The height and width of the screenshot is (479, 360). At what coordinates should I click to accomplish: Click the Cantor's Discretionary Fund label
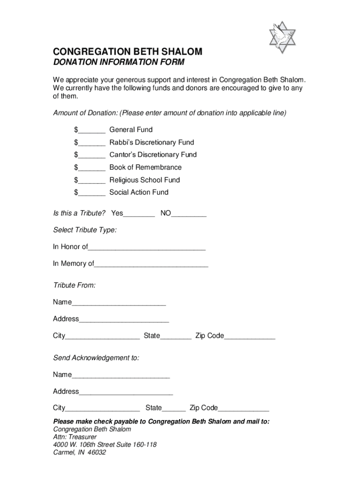click(x=153, y=155)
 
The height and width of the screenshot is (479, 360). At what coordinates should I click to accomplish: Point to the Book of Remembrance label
click(x=145, y=167)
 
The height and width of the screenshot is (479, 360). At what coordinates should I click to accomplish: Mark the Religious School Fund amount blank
click(x=92, y=181)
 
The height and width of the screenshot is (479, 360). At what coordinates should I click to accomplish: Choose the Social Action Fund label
click(x=139, y=192)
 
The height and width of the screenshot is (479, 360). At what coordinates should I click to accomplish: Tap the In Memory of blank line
click(x=151, y=265)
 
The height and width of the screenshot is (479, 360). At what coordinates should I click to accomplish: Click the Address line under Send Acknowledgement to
click(x=126, y=393)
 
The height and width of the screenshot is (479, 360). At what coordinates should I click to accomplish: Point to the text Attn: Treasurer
click(x=75, y=437)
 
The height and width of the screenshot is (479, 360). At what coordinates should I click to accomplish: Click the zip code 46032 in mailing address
click(x=96, y=452)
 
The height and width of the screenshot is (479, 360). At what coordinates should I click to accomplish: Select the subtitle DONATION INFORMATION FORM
click(x=119, y=63)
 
